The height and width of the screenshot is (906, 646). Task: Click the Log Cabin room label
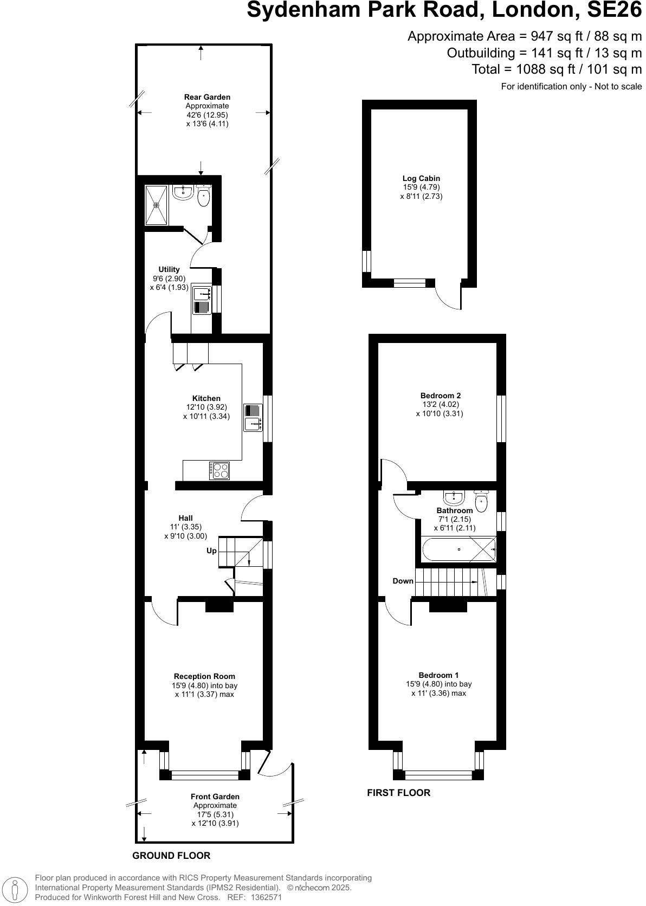click(x=421, y=178)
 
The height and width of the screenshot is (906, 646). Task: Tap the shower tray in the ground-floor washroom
click(x=157, y=205)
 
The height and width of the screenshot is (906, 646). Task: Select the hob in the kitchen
click(x=219, y=470)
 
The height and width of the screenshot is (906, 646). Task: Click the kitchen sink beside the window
click(x=253, y=418)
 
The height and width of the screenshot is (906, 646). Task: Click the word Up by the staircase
click(x=211, y=551)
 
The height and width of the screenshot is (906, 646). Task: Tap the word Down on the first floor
click(x=403, y=581)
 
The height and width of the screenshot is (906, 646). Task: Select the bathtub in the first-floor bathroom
click(x=458, y=549)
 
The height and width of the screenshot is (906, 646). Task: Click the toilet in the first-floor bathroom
click(x=481, y=501)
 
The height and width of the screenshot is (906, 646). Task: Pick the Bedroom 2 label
click(x=440, y=396)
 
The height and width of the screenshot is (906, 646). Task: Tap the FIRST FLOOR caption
click(x=398, y=793)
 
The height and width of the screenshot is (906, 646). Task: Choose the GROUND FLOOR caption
click(x=171, y=856)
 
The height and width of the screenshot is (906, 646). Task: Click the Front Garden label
click(x=215, y=797)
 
